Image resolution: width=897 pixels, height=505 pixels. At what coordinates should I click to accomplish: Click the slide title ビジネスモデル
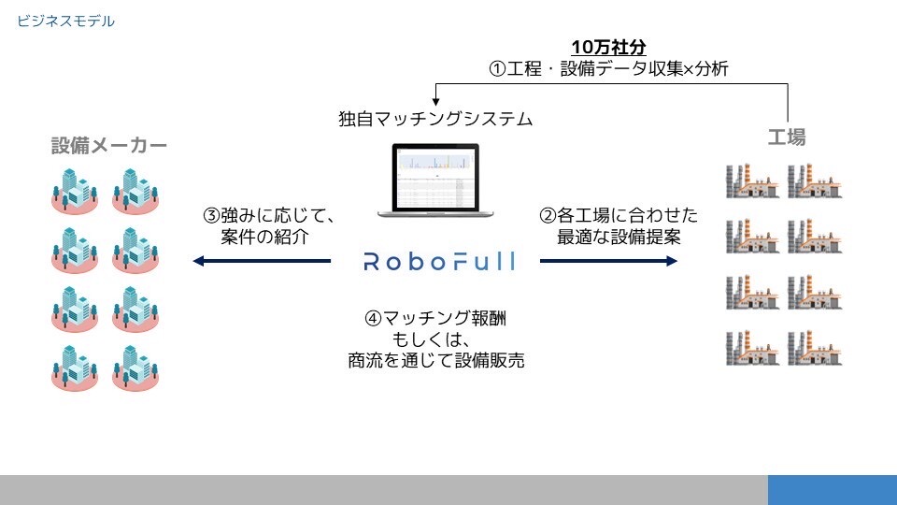pos(65,20)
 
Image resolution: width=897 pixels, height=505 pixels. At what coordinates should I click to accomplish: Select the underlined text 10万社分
pos(608,47)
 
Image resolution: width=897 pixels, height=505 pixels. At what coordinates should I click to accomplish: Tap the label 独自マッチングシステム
pos(435,120)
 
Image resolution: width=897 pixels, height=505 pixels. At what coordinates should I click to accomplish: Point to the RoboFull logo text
pos(438,262)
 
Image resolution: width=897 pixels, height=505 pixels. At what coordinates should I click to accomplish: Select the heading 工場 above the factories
pos(786,137)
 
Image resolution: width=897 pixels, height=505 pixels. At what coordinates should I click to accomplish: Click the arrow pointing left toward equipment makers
pos(262,262)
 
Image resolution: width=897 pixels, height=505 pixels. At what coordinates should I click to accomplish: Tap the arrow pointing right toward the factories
pos(608,262)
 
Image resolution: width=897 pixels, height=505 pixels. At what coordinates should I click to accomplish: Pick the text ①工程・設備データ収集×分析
pos(608,68)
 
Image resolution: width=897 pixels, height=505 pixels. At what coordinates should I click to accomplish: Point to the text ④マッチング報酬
pos(435,318)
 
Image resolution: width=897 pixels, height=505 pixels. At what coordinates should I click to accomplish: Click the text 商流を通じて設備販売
pos(435,361)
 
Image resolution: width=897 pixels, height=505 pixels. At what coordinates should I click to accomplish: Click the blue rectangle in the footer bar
pos(832,489)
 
